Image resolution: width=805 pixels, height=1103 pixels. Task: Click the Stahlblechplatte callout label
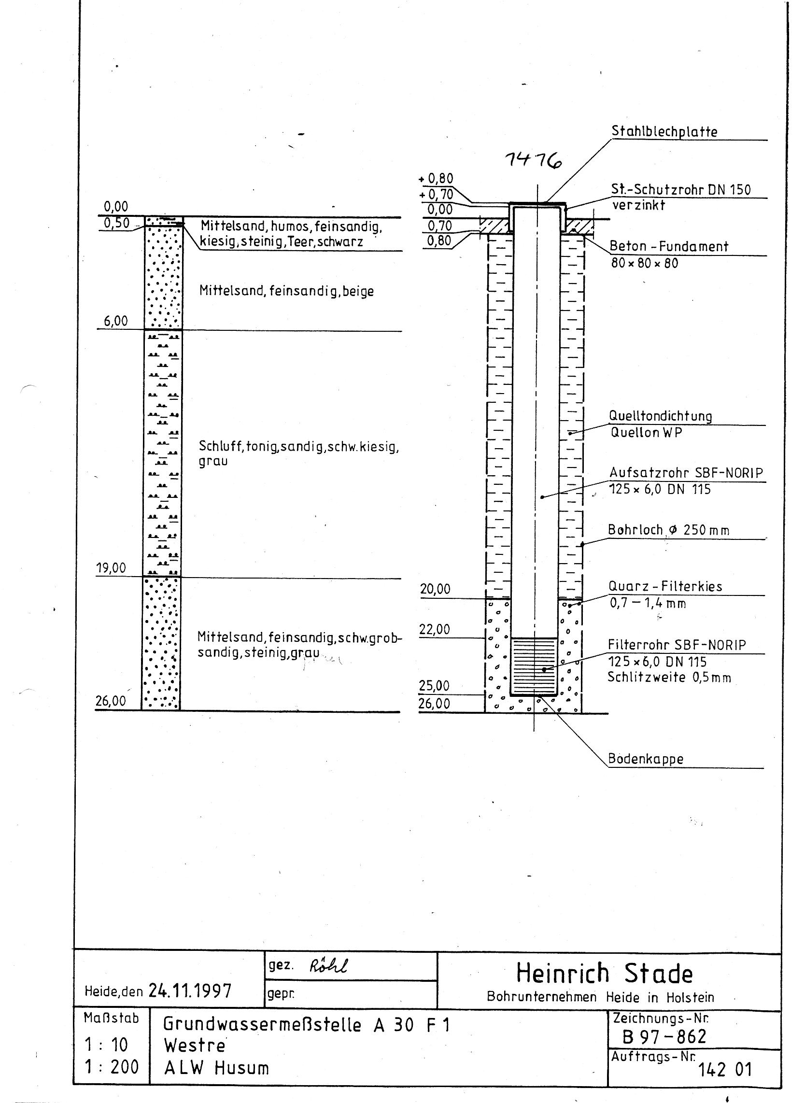664,132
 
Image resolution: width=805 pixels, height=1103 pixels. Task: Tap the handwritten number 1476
533,160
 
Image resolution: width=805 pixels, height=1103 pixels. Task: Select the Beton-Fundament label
668,246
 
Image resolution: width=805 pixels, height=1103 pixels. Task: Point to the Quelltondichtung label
660,417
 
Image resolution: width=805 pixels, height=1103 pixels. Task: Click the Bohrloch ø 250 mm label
668,530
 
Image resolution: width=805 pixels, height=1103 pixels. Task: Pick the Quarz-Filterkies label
665,587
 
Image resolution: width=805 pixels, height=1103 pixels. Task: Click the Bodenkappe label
646,759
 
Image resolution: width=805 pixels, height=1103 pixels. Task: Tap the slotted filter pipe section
534,666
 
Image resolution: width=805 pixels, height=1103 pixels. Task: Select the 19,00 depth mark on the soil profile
111,568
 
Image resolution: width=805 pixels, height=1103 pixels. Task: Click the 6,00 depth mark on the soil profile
115,321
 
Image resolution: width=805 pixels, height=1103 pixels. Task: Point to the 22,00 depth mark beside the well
435,630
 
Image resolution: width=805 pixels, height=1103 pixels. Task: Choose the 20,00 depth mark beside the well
435,590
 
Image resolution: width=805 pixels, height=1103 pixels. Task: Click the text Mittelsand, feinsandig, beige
286,291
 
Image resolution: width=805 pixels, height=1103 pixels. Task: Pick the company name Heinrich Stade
604,974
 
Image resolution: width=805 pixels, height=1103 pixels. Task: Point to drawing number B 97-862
664,1037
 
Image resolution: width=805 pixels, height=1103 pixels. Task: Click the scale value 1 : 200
112,1067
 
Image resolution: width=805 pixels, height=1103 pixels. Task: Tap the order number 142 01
725,1069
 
